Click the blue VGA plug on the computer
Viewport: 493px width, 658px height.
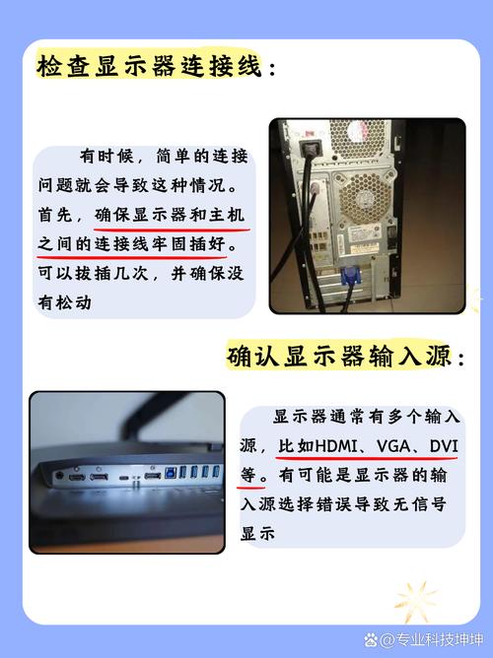click(x=350, y=276)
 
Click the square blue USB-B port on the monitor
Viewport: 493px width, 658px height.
click(x=171, y=473)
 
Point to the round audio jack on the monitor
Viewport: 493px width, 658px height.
click(x=59, y=476)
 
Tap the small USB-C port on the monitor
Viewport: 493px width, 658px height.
click(x=124, y=478)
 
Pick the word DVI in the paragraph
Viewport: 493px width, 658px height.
click(x=444, y=446)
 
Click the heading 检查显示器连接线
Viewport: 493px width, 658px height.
click(x=150, y=66)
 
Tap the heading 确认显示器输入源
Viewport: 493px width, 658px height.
click(x=339, y=356)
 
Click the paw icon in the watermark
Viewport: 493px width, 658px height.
click(x=371, y=639)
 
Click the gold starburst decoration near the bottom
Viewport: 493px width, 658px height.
click(x=416, y=601)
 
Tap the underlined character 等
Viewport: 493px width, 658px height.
click(x=248, y=476)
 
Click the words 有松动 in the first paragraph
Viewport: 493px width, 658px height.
click(x=65, y=302)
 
